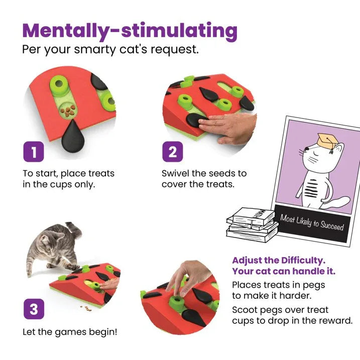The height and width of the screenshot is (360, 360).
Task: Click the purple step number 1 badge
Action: tap(34, 152)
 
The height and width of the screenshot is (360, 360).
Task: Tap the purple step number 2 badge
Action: tap(172, 152)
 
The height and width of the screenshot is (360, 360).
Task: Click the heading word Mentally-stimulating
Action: tap(130, 31)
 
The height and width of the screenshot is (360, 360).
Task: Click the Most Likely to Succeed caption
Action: tap(312, 222)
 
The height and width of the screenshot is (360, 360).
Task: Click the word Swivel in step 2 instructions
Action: tap(175, 173)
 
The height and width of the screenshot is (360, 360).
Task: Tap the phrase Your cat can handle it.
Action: tap(283, 272)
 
